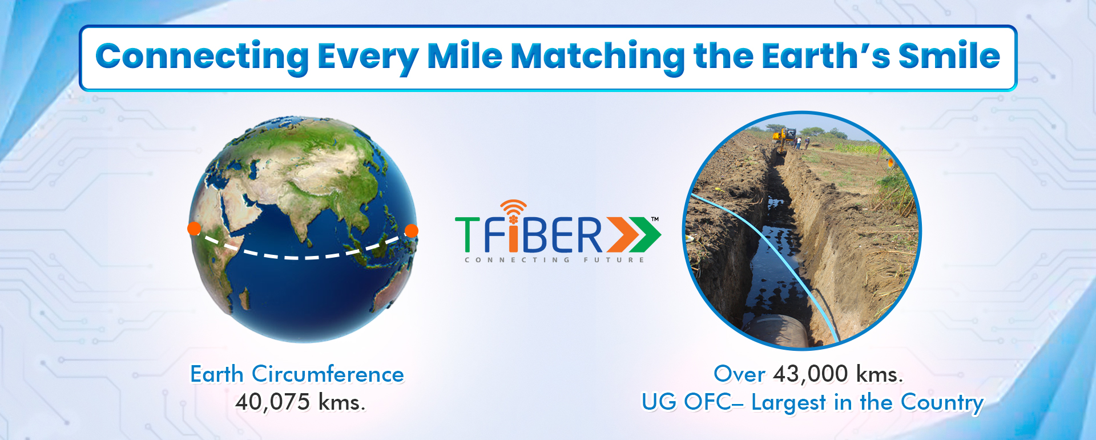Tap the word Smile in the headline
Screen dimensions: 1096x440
(949, 56)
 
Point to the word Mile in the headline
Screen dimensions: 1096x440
(465, 56)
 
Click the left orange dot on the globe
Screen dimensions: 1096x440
(194, 229)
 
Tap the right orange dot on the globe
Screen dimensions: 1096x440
(411, 231)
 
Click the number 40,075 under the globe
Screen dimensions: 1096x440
(273, 402)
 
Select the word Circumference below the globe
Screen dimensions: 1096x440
(328, 374)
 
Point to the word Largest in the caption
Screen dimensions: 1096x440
(789, 403)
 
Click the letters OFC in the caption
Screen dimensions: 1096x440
(708, 402)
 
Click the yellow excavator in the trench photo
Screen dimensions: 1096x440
(784, 137)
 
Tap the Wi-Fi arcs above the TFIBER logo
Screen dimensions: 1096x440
(513, 207)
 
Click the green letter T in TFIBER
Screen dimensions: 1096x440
(468, 234)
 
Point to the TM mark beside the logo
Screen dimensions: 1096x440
(655, 219)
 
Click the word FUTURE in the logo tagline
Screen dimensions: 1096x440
(614, 260)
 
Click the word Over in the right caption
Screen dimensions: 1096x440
(739, 374)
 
